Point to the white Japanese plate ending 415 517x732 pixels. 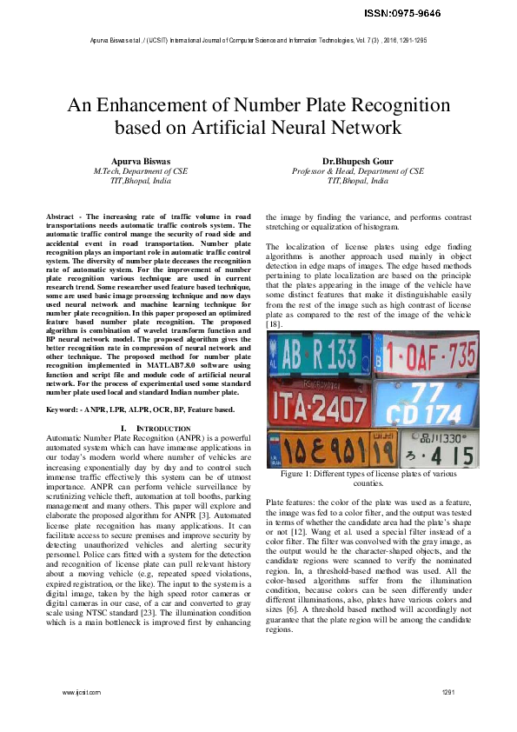pos(438,449)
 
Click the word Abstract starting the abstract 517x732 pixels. pos(60,215)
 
